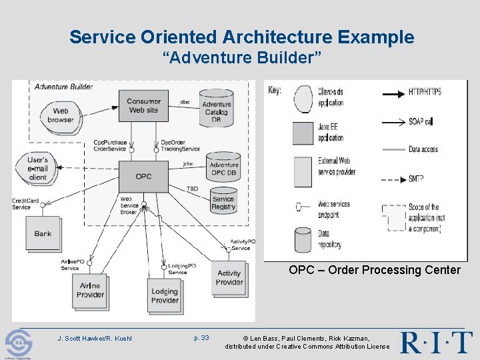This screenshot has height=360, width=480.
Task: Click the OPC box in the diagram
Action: click(x=143, y=176)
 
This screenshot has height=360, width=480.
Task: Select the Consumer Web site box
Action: click(x=143, y=105)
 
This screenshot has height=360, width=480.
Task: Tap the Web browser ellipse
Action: click(x=61, y=115)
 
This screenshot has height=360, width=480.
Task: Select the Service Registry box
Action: click(x=223, y=201)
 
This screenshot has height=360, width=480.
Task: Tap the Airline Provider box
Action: click(x=90, y=290)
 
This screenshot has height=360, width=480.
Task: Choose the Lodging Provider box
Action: click(x=165, y=295)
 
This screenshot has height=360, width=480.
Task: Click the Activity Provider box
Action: click(x=229, y=277)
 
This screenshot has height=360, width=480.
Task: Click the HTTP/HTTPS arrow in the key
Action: click(x=406, y=93)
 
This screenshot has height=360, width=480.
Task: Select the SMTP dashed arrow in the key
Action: click(x=406, y=179)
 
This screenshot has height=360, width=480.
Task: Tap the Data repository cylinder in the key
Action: click(x=303, y=239)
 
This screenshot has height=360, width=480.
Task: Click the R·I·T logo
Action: click(x=437, y=342)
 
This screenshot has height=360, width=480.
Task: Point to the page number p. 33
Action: click(x=201, y=338)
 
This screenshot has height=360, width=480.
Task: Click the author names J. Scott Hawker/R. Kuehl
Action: click(x=95, y=339)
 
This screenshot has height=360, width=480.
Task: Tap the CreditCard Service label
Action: click(x=21, y=203)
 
